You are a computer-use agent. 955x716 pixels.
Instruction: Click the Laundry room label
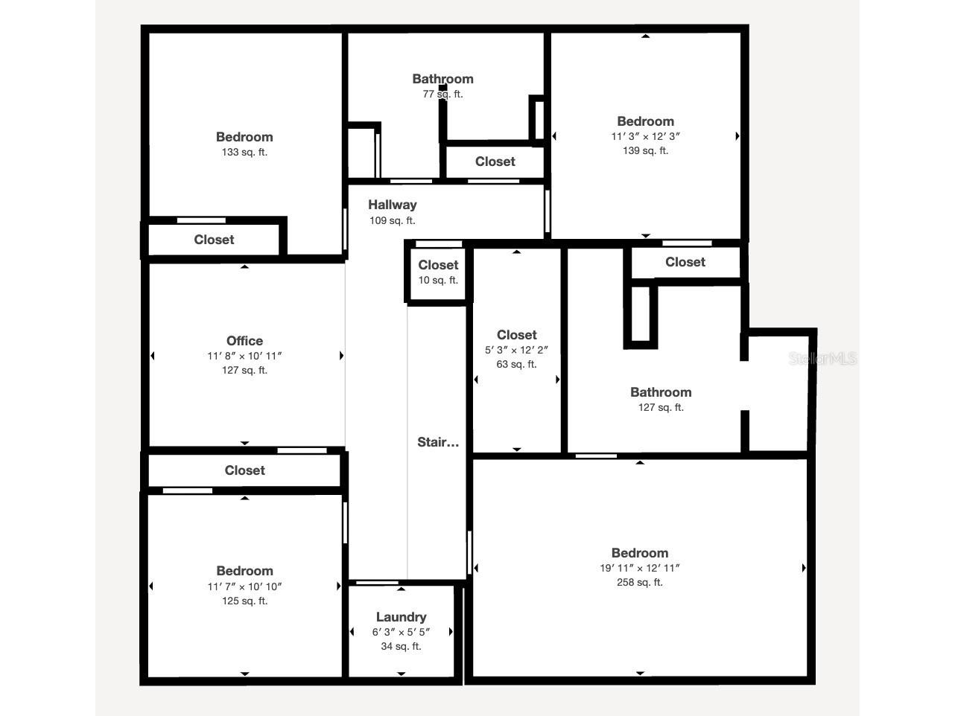point(401,617)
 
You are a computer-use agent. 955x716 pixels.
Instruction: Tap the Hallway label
point(392,205)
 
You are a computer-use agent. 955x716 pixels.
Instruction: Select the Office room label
point(244,341)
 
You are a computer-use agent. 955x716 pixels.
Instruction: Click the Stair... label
point(438,442)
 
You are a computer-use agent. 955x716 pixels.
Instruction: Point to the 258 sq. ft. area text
point(639,583)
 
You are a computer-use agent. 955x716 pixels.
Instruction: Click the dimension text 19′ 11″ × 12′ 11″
point(639,568)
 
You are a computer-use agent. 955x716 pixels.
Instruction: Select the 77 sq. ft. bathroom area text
point(442,95)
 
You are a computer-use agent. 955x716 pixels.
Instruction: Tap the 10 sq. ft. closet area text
point(438,281)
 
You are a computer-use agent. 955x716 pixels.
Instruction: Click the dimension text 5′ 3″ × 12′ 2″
point(516,350)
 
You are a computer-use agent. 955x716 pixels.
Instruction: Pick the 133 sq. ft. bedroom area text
point(244,153)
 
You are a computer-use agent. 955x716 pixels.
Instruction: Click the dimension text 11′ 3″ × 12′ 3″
point(645,136)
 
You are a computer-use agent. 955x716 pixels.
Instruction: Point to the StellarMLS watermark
point(822,359)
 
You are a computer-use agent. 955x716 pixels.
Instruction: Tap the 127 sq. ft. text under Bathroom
point(661,408)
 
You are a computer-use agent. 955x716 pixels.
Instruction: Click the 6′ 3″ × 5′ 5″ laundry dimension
point(401,632)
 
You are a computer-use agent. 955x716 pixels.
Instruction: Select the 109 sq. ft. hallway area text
point(392,221)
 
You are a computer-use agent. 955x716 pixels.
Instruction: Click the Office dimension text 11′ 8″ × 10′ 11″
point(244,356)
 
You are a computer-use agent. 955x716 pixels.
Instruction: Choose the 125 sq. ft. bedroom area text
point(244,601)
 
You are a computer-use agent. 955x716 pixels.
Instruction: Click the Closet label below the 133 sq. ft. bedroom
point(214,240)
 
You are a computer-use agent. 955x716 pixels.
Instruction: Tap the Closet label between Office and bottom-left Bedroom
point(244,470)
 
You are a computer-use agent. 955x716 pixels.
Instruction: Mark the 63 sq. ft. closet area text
point(516,365)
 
